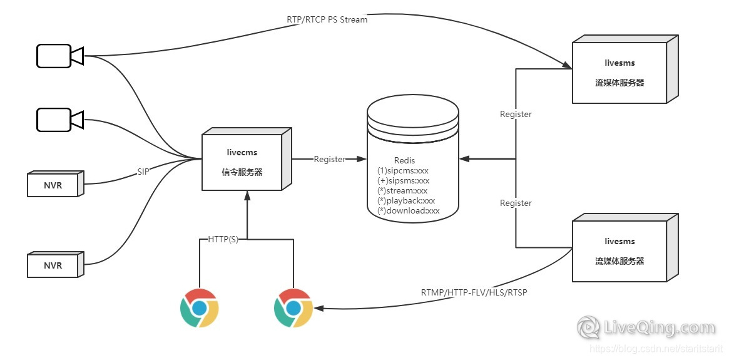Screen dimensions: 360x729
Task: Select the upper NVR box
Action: (x=54, y=183)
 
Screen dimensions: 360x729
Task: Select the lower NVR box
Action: (x=54, y=265)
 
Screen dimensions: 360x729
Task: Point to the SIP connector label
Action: (x=143, y=172)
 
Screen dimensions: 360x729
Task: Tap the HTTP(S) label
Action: (x=223, y=240)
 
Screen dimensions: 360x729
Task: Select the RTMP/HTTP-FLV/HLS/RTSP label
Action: (x=474, y=292)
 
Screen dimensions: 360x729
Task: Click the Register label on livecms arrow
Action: (x=329, y=159)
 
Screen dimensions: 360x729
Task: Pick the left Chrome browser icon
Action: (x=199, y=308)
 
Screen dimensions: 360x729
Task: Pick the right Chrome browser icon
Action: (x=293, y=308)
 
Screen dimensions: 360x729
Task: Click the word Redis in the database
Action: (x=404, y=160)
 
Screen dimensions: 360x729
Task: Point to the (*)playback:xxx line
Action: (x=406, y=201)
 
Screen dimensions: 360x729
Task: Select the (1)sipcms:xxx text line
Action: (x=403, y=170)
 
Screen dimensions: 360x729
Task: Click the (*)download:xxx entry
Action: (x=409, y=211)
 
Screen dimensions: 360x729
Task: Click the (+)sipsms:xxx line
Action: (x=404, y=180)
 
